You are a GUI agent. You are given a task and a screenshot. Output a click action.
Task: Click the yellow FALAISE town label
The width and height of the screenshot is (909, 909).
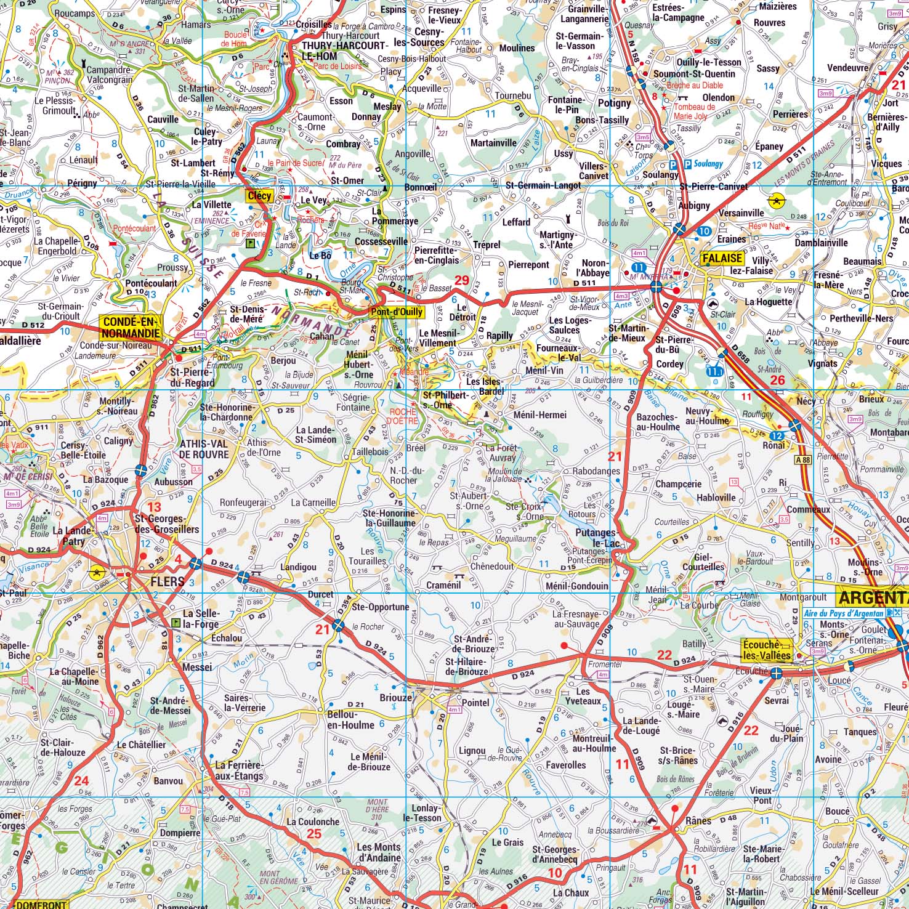point(721,259)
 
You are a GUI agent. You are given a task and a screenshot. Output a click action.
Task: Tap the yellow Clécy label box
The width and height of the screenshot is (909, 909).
point(259,196)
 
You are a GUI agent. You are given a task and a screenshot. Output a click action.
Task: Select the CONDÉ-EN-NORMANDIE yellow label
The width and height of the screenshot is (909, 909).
point(131,328)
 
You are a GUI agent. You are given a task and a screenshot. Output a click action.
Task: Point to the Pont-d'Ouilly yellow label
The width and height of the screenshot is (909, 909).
point(397,312)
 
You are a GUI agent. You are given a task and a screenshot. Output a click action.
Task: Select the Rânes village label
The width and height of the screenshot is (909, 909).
point(698,820)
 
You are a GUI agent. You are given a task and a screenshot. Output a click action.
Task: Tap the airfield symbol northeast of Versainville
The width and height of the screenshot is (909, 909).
point(777,201)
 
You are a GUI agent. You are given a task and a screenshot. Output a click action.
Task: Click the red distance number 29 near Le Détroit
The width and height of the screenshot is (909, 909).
point(461,281)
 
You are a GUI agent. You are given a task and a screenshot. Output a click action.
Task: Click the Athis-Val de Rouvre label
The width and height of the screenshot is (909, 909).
point(204,449)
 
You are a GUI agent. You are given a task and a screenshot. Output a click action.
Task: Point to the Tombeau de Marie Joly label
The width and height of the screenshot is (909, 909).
point(695,111)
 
